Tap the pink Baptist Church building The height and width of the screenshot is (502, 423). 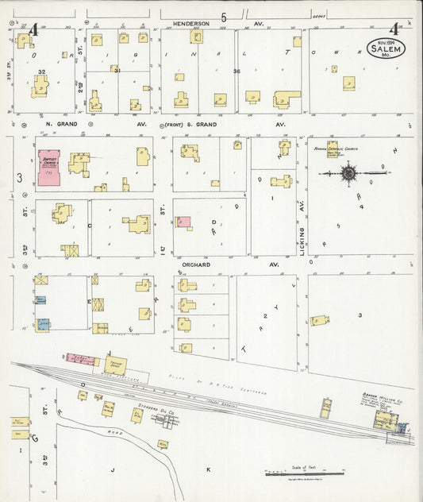(52, 167)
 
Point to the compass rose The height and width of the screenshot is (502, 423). (349, 172)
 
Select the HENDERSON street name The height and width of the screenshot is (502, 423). (190, 24)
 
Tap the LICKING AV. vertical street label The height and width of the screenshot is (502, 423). (302, 230)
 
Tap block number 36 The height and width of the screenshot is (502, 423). (236, 71)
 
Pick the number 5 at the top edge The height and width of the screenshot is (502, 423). (224, 17)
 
